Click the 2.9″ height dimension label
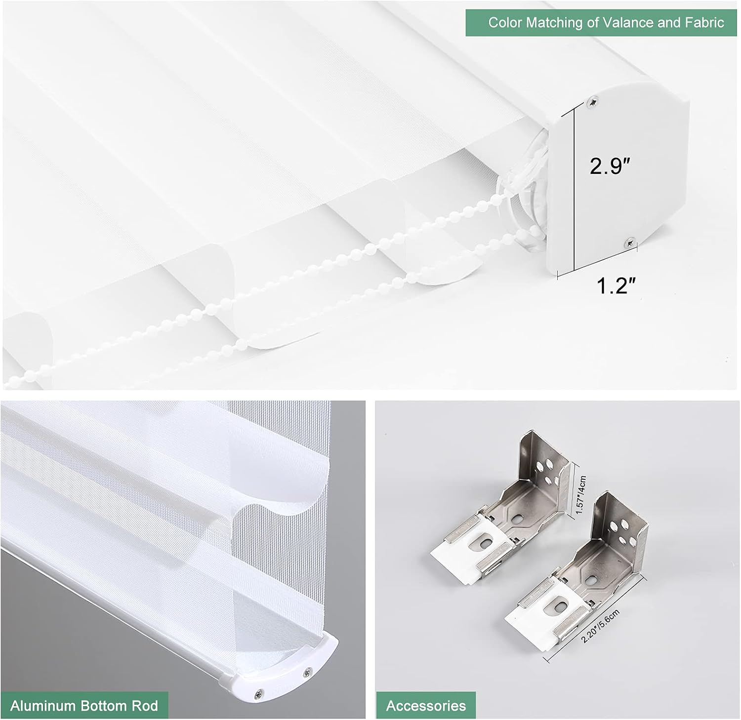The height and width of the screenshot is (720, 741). point(611,166)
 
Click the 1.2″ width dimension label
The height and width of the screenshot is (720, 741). point(616,285)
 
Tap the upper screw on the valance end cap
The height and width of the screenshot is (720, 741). point(592,102)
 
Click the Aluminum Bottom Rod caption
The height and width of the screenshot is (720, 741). point(84,705)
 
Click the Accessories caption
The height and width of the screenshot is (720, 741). point(426,706)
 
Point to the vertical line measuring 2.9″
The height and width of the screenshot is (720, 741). point(574,190)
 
